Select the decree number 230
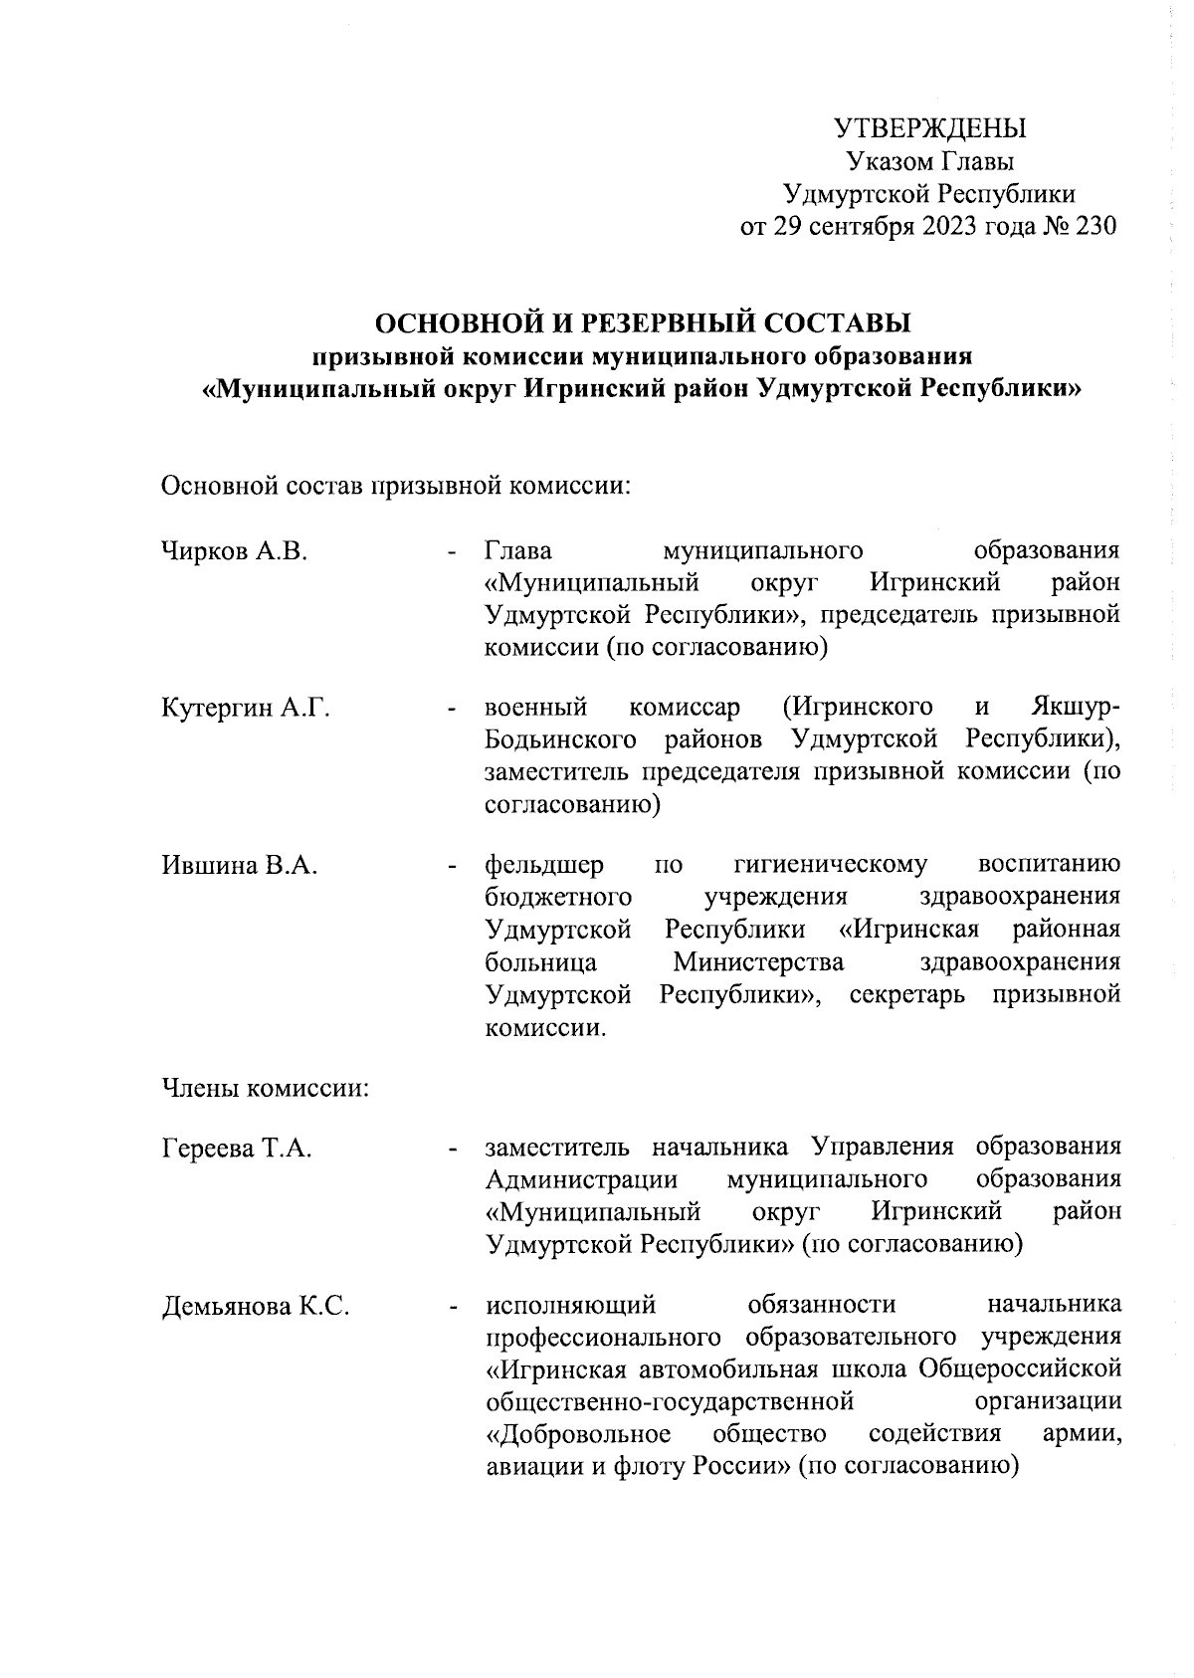coord(1094,226)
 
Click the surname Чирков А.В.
coord(235,551)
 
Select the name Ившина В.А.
coord(240,865)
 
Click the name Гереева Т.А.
coord(237,1149)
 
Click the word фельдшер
coord(543,865)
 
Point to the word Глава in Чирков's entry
coord(518,551)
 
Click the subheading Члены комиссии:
coord(266,1089)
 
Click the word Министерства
coord(758,962)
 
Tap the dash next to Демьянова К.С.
coord(453,1307)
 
